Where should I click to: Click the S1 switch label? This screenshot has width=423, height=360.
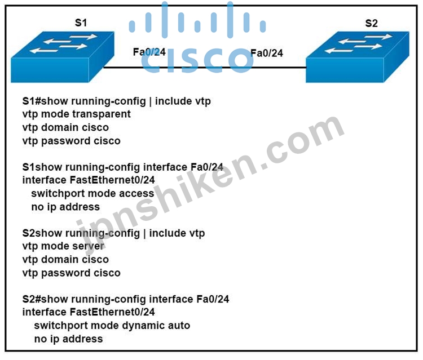coord(81,23)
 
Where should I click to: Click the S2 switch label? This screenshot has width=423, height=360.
coord(371,24)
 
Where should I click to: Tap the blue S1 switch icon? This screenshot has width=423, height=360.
coord(62,57)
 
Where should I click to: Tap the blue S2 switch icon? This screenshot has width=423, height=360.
coord(358,57)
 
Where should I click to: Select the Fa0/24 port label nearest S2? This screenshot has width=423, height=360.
coord(267,53)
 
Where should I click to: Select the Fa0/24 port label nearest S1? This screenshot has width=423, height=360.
coord(149,52)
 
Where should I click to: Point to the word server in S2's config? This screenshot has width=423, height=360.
coord(87,246)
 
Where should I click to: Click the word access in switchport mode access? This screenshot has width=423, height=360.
coord(136,193)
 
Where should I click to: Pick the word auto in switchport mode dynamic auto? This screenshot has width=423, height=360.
coord(179,326)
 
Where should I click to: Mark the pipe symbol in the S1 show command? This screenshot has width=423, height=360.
coord(150,101)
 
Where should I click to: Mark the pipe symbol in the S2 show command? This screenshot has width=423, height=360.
coord(144,234)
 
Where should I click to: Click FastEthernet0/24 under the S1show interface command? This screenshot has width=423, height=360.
coord(112,180)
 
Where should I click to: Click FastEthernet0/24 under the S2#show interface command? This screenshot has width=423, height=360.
coord(112,312)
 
